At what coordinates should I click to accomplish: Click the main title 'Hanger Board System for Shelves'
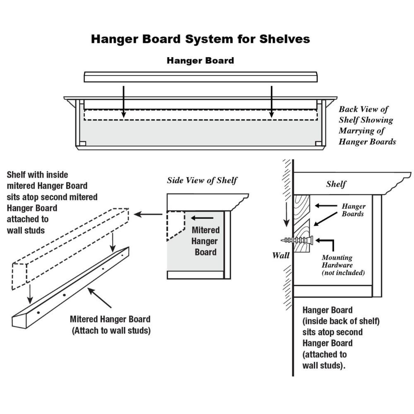point(200,39)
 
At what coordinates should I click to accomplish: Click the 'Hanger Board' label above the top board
point(200,60)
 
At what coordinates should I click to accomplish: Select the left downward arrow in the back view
point(123,101)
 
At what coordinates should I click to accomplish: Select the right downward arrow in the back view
point(272,101)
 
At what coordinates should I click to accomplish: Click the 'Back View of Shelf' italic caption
point(367,125)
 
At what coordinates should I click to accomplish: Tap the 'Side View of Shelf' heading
point(202,180)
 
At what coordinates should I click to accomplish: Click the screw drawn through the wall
point(297,240)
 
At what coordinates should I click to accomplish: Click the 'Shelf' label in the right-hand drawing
point(336,184)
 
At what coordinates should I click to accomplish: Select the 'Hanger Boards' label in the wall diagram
point(353,210)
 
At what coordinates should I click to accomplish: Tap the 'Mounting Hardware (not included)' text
point(343,265)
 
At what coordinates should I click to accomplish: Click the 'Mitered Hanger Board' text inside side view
point(206,241)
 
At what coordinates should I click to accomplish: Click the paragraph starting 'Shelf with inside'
point(52,202)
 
